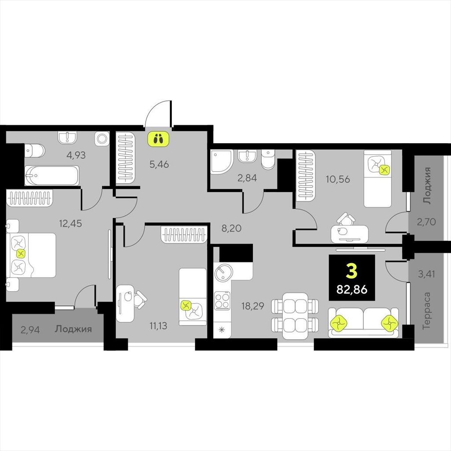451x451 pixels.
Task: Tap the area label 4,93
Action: point(76,155)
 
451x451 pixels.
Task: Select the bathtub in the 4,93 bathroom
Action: point(52,175)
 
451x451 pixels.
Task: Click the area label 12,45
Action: point(70,223)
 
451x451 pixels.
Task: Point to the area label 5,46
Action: point(159,164)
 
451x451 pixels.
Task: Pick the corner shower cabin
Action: point(222,162)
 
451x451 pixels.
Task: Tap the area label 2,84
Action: point(247,178)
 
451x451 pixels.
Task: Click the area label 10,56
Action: point(338,179)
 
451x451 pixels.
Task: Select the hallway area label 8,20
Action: point(231,229)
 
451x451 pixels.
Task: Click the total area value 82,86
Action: point(352,289)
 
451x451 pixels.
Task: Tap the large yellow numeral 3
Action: point(352,271)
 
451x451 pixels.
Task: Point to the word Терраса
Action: point(427,311)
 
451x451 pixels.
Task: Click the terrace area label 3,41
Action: point(426,274)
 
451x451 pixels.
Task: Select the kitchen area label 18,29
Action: point(253,306)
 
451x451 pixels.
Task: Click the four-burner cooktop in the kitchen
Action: point(222,301)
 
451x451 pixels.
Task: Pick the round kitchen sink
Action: point(223,271)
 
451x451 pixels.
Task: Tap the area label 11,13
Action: point(158,326)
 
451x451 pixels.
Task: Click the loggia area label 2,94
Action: point(30,329)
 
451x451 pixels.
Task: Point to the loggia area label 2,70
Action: point(426,222)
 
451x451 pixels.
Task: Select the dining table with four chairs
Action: point(295,315)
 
